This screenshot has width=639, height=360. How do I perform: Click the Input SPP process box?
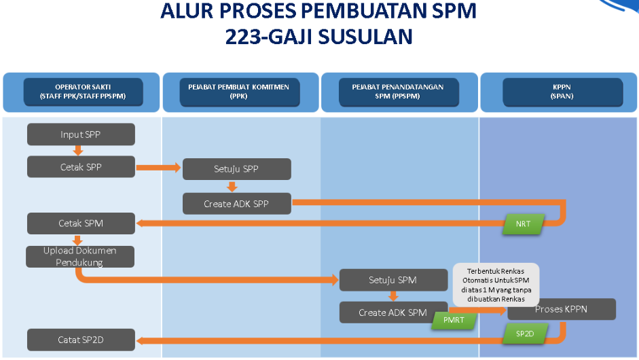pyautogui.click(x=81, y=134)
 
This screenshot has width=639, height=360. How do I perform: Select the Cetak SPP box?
pyautogui.click(x=81, y=166)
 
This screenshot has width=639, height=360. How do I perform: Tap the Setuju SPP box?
pyautogui.click(x=236, y=169)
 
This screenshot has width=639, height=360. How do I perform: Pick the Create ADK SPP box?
pyautogui.click(x=236, y=203)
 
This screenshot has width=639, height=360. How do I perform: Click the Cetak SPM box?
pyautogui.click(x=81, y=223)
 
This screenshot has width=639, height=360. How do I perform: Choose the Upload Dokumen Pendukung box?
pyautogui.click(x=80, y=256)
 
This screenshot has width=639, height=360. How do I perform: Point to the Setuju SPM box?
pyautogui.click(x=392, y=280)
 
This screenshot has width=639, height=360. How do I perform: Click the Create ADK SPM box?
pyautogui.click(x=392, y=312)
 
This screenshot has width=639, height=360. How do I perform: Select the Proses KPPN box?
pyautogui.click(x=562, y=310)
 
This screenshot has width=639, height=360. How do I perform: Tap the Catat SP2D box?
pyautogui.click(x=81, y=340)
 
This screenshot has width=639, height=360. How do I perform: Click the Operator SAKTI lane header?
pyautogui.click(x=83, y=92)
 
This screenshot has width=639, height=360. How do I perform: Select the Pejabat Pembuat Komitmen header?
pyautogui.click(x=239, y=92)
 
